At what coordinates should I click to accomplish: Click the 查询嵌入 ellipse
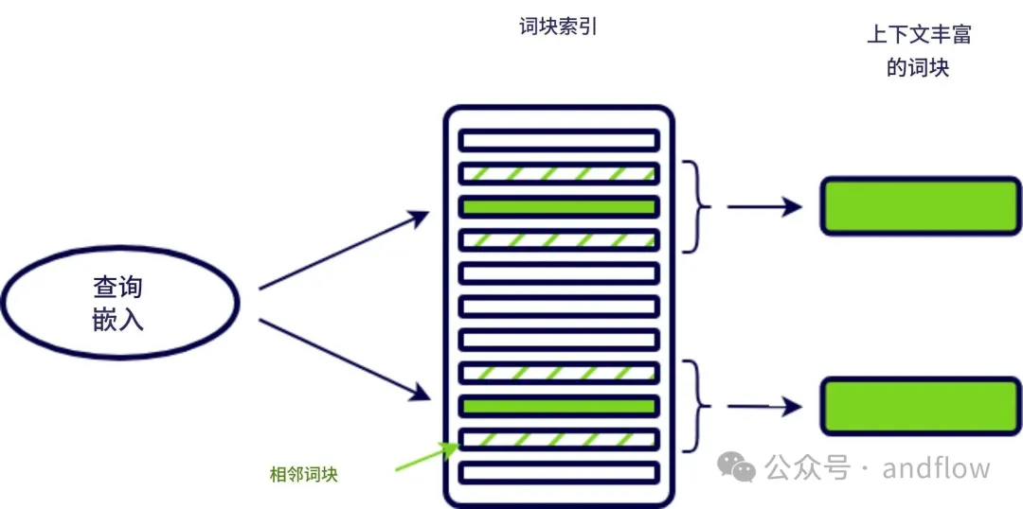[119, 303]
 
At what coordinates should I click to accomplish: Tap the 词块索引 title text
[559, 27]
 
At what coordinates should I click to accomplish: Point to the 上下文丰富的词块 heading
[918, 51]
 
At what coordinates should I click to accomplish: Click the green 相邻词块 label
[303, 475]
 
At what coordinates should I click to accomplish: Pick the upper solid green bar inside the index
[559, 206]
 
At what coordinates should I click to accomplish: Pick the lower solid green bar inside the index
[559, 407]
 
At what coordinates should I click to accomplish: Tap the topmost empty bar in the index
[559, 140]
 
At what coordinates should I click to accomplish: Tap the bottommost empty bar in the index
[559, 472]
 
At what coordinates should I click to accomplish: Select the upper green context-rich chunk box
[919, 205]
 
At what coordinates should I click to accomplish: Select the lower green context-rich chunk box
[919, 406]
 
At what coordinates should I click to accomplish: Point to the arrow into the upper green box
[763, 206]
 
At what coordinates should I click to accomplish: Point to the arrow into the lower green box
[763, 407]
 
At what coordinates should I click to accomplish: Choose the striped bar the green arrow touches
[559, 440]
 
